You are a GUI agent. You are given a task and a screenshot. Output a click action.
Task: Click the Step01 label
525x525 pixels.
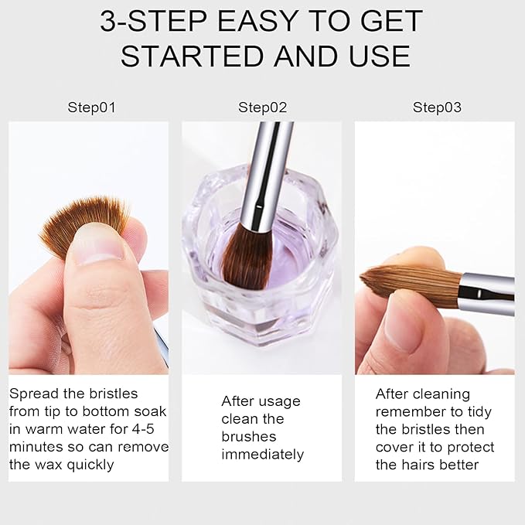(91, 107)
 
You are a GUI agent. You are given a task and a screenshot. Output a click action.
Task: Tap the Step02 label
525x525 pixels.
(262, 107)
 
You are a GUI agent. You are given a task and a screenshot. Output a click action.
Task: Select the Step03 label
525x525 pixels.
(437, 107)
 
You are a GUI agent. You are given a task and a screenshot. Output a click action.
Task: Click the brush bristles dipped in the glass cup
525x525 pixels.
(247, 256)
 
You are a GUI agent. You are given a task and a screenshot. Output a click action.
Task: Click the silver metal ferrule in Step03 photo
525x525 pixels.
(486, 294)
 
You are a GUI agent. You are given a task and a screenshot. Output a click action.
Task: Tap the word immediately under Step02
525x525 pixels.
(262, 454)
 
